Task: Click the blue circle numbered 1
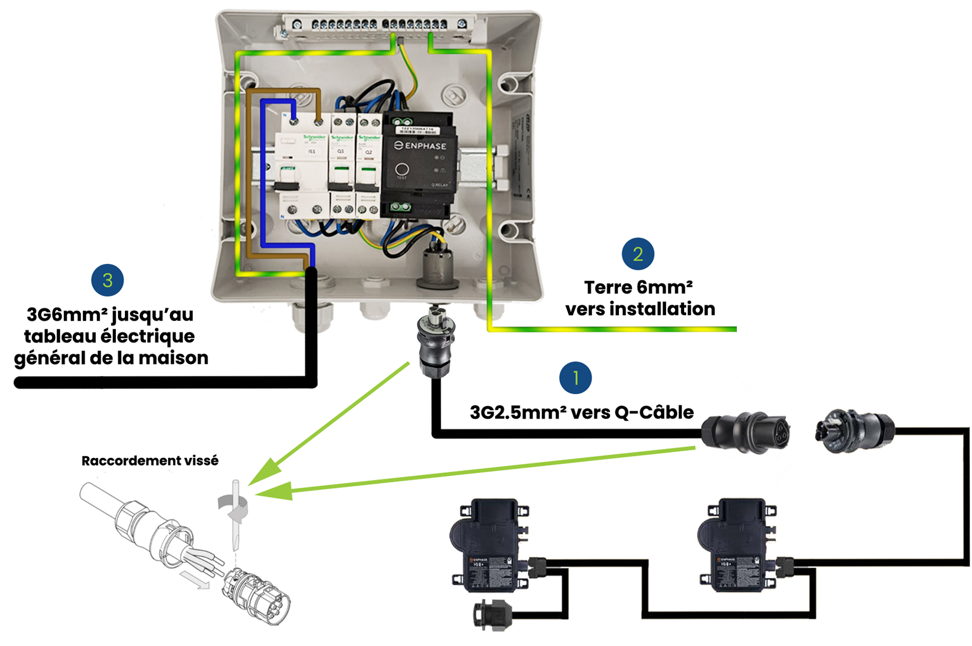(x=575, y=378)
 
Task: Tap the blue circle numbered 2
(x=637, y=254)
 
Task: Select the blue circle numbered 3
(x=107, y=280)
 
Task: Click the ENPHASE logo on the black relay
(x=420, y=145)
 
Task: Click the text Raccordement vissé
(x=150, y=460)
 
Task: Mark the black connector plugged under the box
(x=435, y=344)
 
